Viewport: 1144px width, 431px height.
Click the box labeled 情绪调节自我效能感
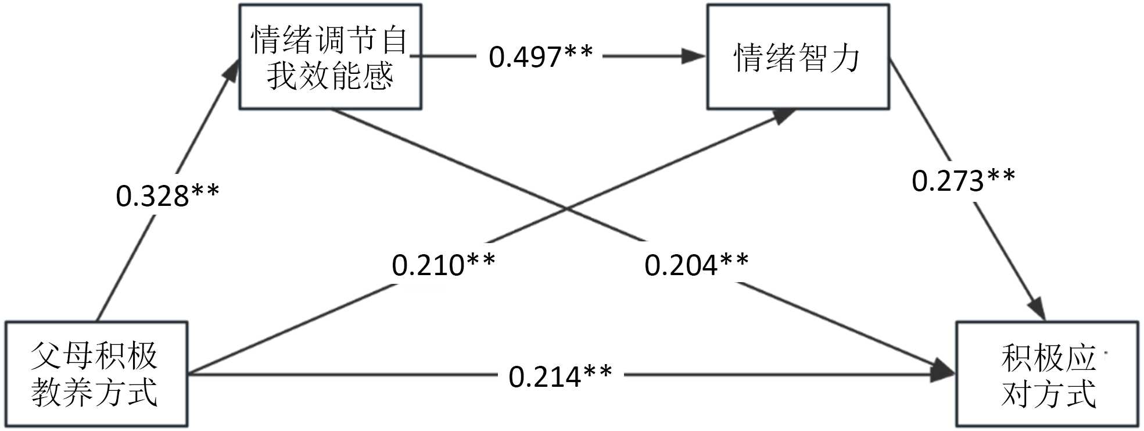(330, 57)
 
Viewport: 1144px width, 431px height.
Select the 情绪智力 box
(797, 57)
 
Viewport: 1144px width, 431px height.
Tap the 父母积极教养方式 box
(96, 374)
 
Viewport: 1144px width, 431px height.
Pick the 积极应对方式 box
(1047, 374)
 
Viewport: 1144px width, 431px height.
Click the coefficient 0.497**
(540, 56)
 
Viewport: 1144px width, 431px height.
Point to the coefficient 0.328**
(167, 195)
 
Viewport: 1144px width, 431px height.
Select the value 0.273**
(963, 180)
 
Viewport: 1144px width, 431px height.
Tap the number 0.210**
(443, 265)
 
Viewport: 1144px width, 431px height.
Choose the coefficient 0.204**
(696, 265)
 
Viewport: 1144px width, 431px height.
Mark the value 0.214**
(560, 376)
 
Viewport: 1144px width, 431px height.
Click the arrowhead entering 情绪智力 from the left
(694, 56)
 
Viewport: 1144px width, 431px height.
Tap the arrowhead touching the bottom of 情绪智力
(784, 115)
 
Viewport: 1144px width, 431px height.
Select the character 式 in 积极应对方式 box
(1080, 394)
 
